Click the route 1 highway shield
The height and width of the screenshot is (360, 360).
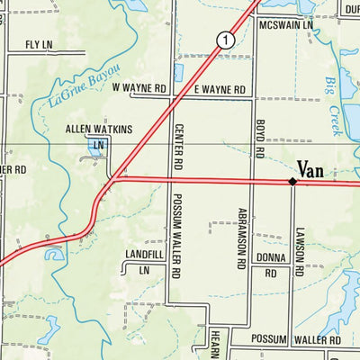click(x=225, y=40)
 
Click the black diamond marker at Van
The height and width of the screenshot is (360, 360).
click(x=292, y=182)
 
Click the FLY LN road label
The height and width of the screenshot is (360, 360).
click(x=40, y=44)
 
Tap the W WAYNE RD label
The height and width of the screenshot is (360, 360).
click(x=140, y=88)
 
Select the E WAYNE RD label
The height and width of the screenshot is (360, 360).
click(x=220, y=89)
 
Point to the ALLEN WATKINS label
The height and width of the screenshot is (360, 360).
click(x=98, y=130)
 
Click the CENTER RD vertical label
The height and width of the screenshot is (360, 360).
click(x=178, y=148)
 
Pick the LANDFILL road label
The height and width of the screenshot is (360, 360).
click(x=145, y=256)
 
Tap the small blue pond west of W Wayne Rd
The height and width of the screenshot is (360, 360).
click(x=178, y=72)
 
